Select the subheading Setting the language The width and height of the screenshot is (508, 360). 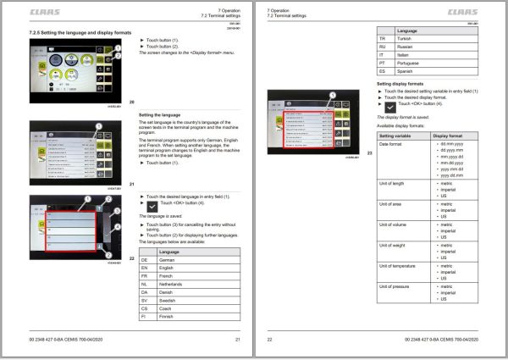pos(159,114)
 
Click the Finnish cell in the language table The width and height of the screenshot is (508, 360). pos(166,316)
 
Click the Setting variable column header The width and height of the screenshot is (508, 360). pos(397,136)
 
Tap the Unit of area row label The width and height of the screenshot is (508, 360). pos(390,204)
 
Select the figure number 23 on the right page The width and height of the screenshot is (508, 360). pos(370,152)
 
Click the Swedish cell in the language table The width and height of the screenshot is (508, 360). pos(167,301)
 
